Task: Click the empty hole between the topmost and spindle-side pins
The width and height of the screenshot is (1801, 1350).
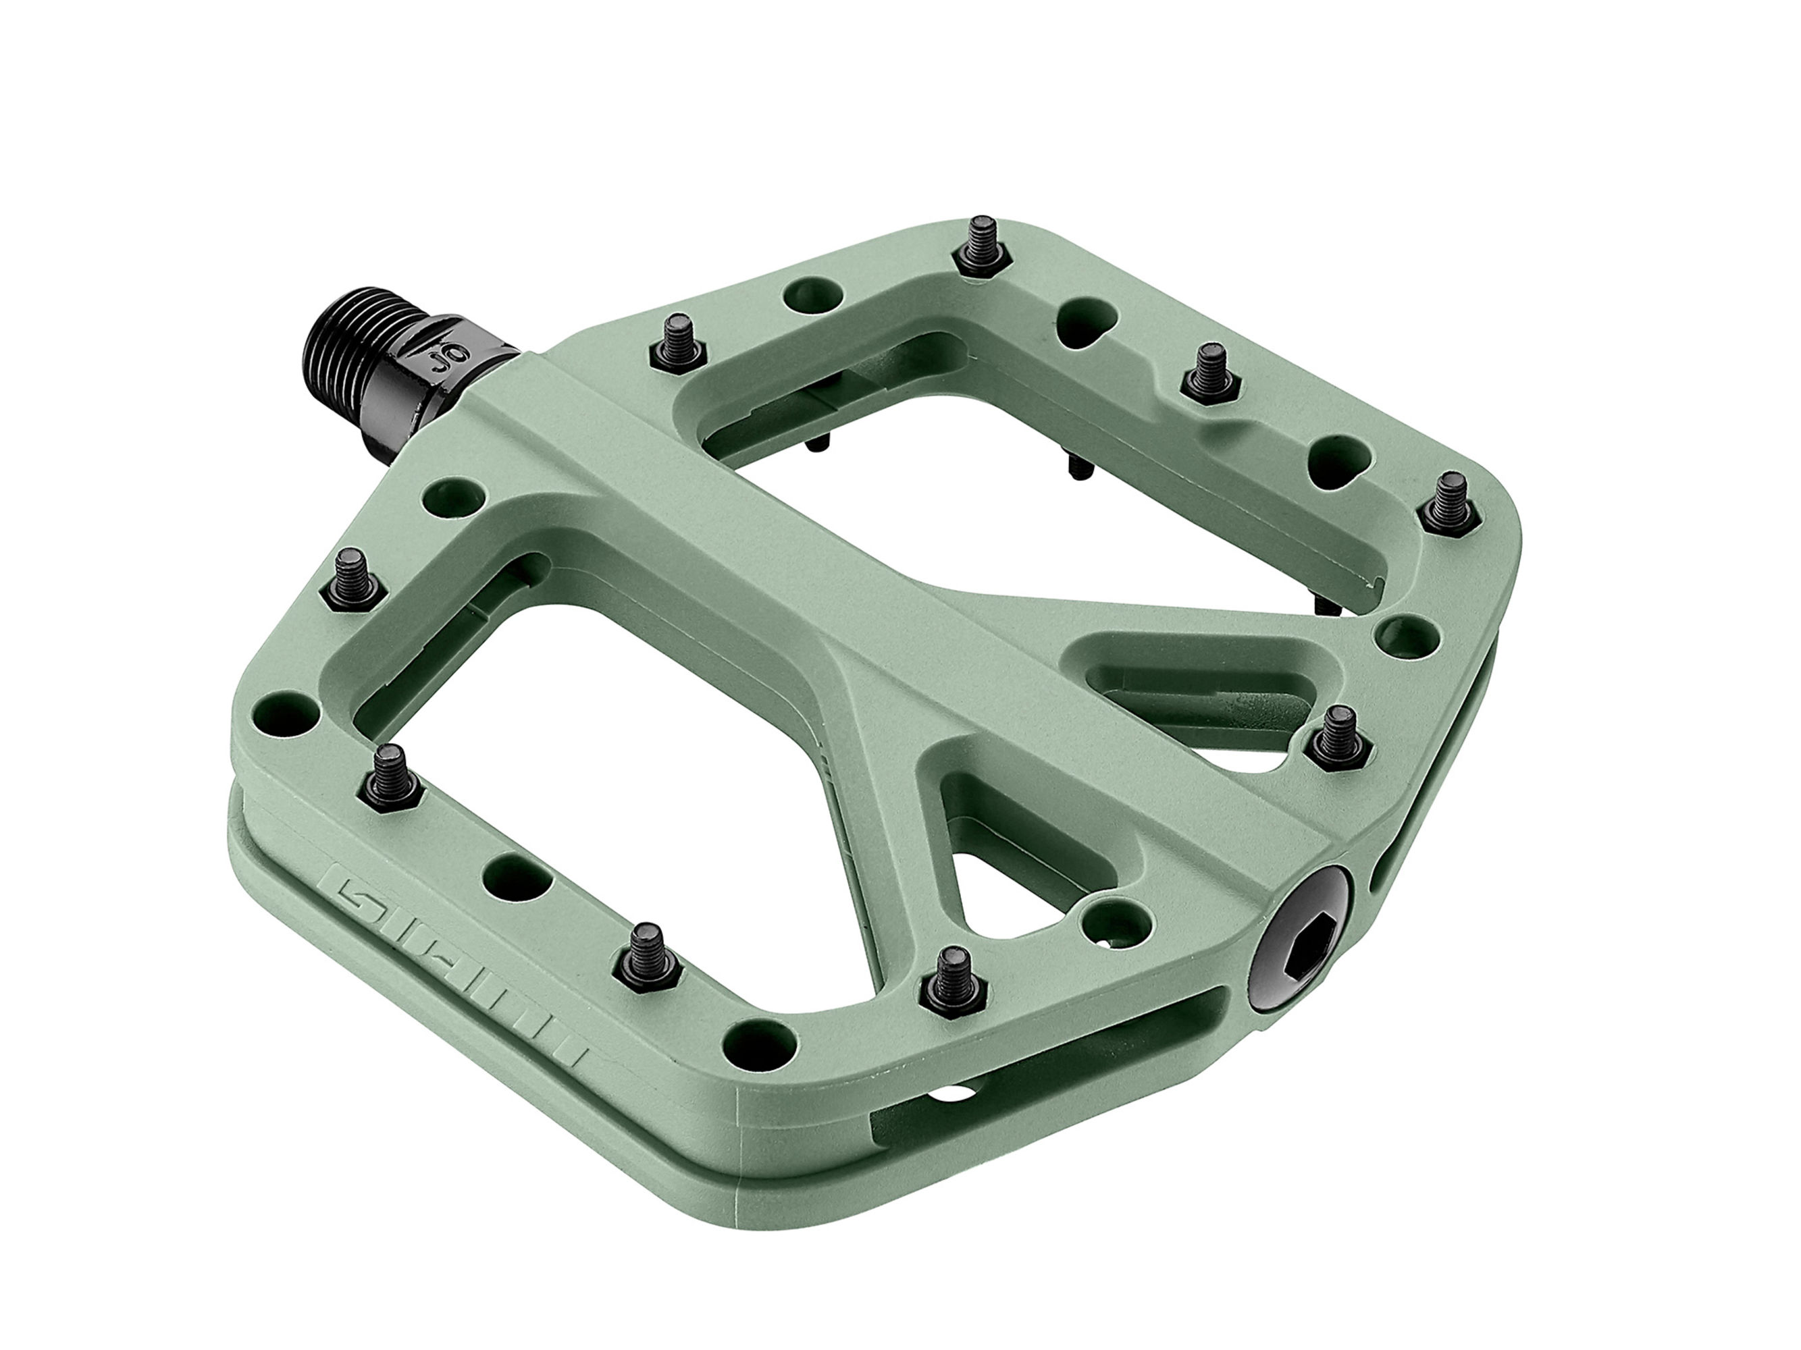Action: point(812,296)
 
